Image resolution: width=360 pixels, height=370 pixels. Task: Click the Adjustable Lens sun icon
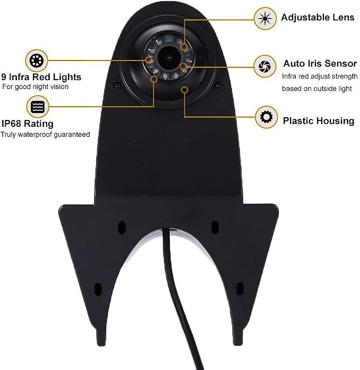coord(265,19)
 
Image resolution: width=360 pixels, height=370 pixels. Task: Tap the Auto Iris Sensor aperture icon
coord(265,66)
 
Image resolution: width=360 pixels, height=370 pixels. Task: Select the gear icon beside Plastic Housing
coord(266,117)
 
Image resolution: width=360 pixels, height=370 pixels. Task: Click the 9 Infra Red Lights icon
coord(37,61)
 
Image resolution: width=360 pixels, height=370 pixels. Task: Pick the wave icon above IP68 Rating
coord(38,107)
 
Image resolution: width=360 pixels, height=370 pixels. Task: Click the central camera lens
coord(169,57)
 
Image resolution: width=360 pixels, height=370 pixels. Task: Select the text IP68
coord(12,123)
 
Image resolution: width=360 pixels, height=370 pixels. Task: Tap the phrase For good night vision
coord(36,87)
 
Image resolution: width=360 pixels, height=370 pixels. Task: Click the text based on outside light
coord(317,89)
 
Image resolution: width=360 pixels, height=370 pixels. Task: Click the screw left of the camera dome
coord(117,85)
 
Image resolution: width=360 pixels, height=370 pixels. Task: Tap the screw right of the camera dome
coord(218,85)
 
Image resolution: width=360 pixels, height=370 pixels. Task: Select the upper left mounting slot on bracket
coord(121,228)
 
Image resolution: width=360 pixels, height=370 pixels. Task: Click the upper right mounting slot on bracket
coord(215,227)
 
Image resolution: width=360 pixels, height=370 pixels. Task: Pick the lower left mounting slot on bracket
coord(98,289)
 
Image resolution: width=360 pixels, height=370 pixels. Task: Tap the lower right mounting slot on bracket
coord(240,289)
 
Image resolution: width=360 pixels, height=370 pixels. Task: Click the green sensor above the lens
coord(168,38)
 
